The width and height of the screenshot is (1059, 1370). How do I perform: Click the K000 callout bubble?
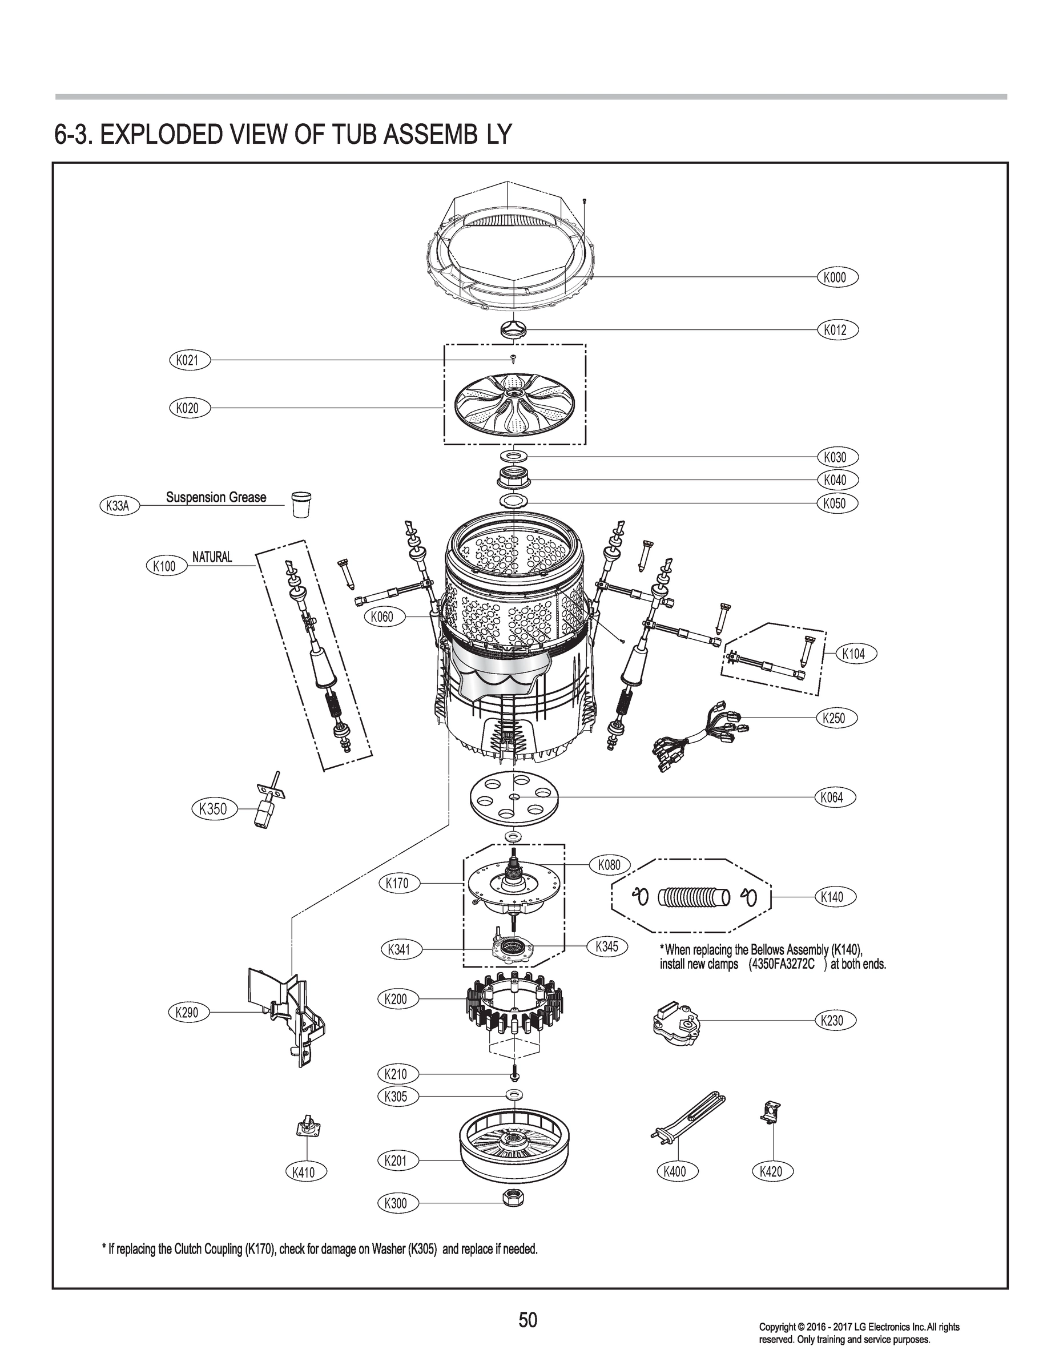point(836,277)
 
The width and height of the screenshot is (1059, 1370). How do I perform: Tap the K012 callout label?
point(836,330)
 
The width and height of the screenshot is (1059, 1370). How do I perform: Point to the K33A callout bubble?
point(119,506)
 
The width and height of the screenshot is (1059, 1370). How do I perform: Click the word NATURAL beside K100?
point(212,557)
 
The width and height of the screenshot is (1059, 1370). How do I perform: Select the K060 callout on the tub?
point(381,616)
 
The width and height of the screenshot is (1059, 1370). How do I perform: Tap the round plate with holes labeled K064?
point(514,797)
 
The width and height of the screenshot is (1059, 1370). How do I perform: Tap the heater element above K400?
point(687,1121)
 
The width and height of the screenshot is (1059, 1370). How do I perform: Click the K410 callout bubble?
point(307,1171)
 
